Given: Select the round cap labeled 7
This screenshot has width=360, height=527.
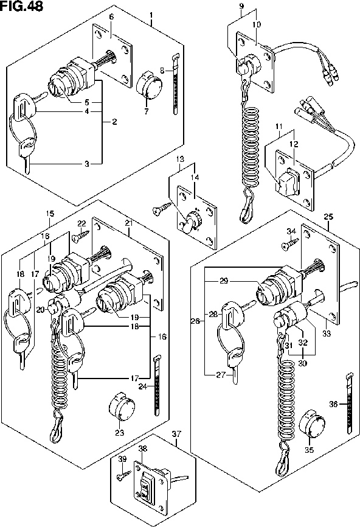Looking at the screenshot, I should [147, 85].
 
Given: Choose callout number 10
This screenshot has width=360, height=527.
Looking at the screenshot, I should [257, 24].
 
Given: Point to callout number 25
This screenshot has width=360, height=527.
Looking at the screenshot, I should [328, 217].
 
